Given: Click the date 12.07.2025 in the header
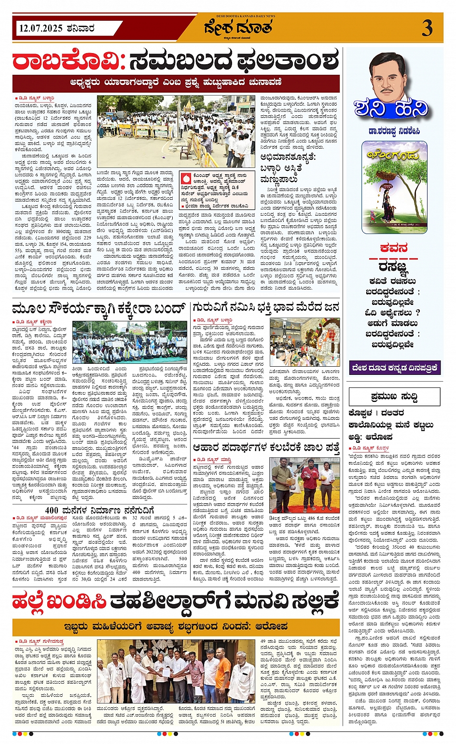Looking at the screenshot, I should point(41,28).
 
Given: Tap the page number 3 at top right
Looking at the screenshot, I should point(427,28).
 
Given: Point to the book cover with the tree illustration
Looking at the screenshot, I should point(394,187).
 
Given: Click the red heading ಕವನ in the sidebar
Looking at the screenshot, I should point(393,248).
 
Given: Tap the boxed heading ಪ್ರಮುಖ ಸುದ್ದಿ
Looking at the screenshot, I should point(394,397).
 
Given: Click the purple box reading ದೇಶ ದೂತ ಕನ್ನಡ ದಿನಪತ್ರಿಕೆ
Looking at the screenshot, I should point(394,368).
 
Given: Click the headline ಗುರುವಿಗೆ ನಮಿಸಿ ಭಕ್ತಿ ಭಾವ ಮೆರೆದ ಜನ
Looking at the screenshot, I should point(266,307).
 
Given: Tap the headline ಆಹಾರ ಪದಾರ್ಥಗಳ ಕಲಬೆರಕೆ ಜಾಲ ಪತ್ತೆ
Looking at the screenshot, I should point(266,448).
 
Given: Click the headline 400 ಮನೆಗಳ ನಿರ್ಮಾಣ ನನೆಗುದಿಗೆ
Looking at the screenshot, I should point(99,510).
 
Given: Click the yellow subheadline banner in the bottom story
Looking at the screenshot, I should point(176,627).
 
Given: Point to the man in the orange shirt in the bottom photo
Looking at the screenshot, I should point(223,671).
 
